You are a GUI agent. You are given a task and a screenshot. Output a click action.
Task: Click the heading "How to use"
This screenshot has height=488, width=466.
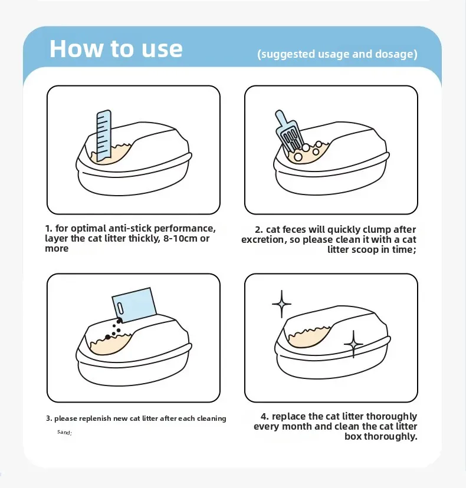[x=116, y=48]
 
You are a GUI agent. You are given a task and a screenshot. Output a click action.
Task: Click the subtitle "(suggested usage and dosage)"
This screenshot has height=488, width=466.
[x=337, y=54]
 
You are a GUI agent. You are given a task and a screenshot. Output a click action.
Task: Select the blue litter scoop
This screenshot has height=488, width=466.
[x=288, y=133]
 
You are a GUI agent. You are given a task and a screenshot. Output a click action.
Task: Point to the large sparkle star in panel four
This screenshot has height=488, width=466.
[x=281, y=305]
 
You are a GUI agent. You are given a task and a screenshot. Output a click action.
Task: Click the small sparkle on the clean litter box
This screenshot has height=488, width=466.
[x=353, y=344]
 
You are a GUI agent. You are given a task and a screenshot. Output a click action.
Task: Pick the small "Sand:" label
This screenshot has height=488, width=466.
[x=64, y=433]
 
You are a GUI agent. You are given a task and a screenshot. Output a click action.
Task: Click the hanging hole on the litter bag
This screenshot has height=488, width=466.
[x=120, y=308]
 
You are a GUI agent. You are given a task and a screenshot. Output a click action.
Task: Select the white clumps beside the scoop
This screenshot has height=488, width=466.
[x=307, y=153]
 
